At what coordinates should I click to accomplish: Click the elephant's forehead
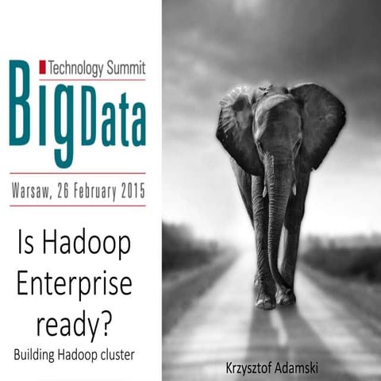point(274,111)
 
